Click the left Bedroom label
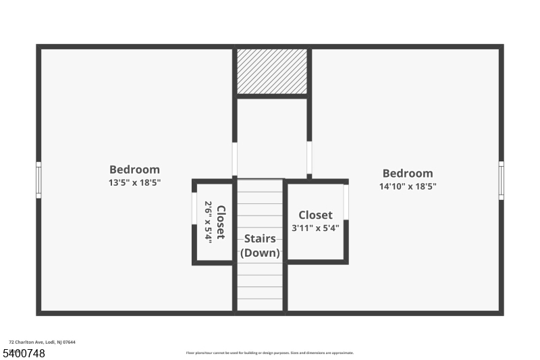pyautogui.click(x=134, y=170)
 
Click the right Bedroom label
pyautogui.click(x=408, y=174)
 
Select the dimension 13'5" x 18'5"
pyautogui.click(x=134, y=182)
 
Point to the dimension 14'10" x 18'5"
pyautogui.click(x=408, y=186)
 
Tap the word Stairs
pyautogui.click(x=260, y=238)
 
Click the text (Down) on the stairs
pyautogui.click(x=260, y=253)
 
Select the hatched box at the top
pyautogui.click(x=272, y=71)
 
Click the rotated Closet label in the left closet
pyautogui.click(x=221, y=222)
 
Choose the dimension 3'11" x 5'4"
pyautogui.click(x=315, y=228)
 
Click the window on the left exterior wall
pyautogui.click(x=38, y=180)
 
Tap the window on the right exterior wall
pyautogui.click(x=501, y=180)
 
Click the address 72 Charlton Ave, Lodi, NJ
pyautogui.click(x=42, y=342)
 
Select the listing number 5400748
pyautogui.click(x=24, y=353)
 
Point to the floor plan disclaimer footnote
pyautogui.click(x=269, y=353)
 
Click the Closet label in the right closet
pyautogui.click(x=315, y=215)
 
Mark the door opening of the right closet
pyautogui.click(x=346, y=202)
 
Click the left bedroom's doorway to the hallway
pyautogui.click(x=235, y=159)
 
